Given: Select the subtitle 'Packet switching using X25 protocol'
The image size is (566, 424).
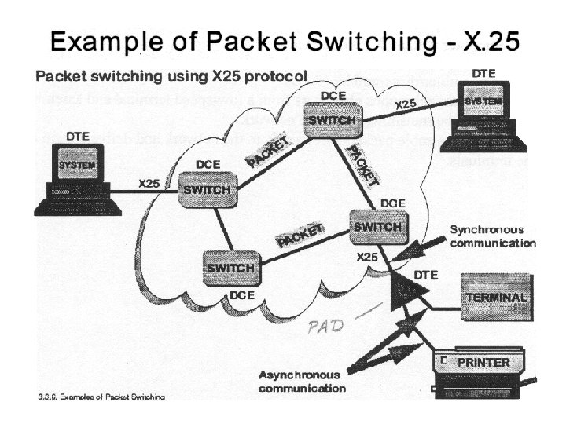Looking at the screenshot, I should click(171, 78).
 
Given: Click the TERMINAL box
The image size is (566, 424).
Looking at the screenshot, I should click(495, 298).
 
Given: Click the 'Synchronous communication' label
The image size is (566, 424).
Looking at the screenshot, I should click(492, 236).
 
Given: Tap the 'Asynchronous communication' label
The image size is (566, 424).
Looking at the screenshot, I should click(302, 381).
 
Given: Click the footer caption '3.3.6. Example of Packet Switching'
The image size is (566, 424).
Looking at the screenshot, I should click(101, 397).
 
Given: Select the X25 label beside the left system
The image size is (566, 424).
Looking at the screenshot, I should click(149, 183).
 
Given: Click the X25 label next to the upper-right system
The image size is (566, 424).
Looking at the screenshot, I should click(406, 104).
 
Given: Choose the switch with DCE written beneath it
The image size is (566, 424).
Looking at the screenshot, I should click(231, 269).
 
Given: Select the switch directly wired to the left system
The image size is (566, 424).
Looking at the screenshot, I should click(206, 190).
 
